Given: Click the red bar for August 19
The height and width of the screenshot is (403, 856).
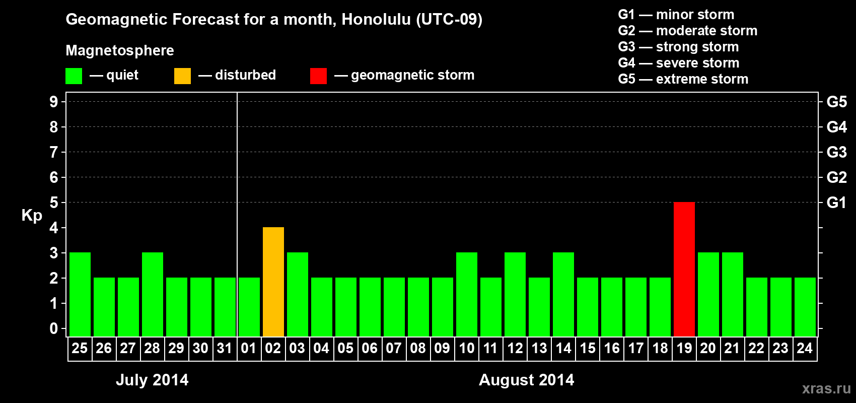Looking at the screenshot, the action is pyautogui.click(x=684, y=269).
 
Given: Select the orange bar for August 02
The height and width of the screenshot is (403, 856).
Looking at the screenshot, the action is pyautogui.click(x=273, y=282).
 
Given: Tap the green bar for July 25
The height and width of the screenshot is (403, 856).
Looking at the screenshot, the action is pyautogui.click(x=80, y=294).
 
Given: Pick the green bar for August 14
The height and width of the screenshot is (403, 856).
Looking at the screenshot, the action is pyautogui.click(x=563, y=294).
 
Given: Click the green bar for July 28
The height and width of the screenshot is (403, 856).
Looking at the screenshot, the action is pyautogui.click(x=153, y=294).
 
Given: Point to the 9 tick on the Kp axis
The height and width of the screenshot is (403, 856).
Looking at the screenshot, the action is pyautogui.click(x=53, y=102).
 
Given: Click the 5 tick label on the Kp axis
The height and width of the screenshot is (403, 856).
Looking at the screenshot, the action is pyautogui.click(x=53, y=203).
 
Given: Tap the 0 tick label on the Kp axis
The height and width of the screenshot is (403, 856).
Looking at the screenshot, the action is pyautogui.click(x=53, y=328).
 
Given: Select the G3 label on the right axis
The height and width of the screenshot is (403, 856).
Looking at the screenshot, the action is pyautogui.click(x=836, y=152).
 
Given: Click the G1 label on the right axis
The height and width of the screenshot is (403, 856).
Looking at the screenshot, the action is pyautogui.click(x=836, y=203).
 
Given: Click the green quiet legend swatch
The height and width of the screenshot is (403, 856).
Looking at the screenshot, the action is pyautogui.click(x=74, y=76).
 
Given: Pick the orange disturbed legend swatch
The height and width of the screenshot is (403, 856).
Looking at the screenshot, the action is pyautogui.click(x=182, y=76).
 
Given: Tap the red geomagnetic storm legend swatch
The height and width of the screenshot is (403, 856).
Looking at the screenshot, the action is pyautogui.click(x=318, y=76).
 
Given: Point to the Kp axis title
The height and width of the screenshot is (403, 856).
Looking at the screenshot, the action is pyautogui.click(x=32, y=216).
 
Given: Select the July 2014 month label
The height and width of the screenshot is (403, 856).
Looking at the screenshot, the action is pyautogui.click(x=152, y=380).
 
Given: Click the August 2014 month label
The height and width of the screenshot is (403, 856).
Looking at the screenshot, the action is pyautogui.click(x=526, y=380).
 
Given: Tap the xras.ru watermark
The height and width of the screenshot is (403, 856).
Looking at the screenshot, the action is pyautogui.click(x=826, y=388).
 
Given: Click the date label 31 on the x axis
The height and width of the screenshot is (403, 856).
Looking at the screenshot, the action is pyautogui.click(x=224, y=348).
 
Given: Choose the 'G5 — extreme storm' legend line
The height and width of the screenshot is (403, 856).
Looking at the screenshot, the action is pyautogui.click(x=683, y=79).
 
